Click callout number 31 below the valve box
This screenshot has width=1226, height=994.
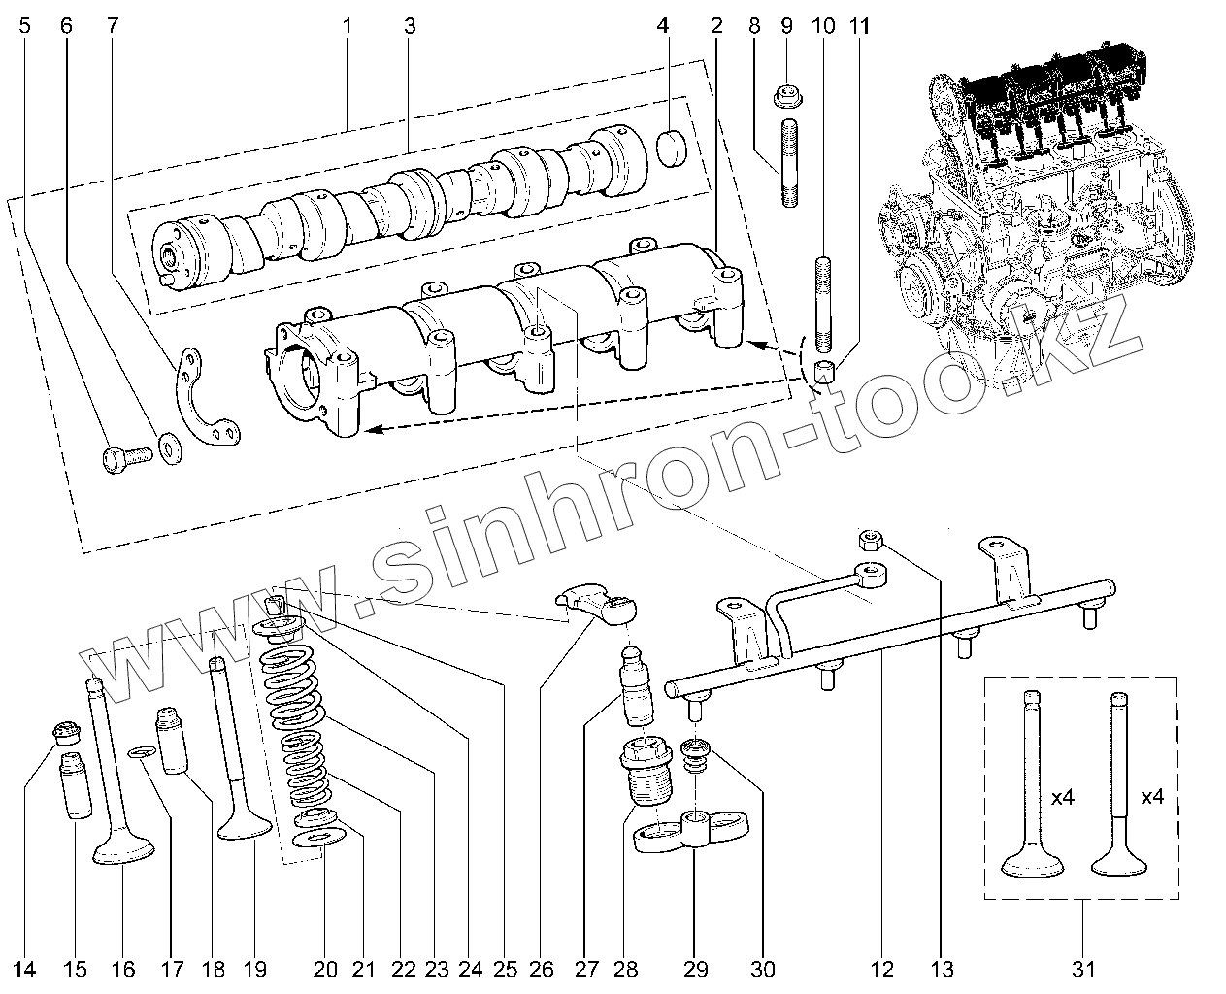(1083, 968)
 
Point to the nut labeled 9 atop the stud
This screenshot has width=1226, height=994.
(787, 97)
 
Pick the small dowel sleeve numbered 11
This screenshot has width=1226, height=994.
(826, 370)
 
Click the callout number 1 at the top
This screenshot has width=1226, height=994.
(346, 26)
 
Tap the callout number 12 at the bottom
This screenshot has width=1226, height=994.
(882, 968)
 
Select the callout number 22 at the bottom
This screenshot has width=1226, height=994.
(404, 968)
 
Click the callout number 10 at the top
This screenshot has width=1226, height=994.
(822, 26)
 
